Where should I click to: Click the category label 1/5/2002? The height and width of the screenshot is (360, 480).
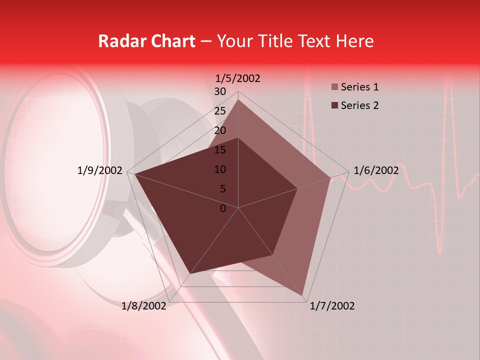(x=238, y=78)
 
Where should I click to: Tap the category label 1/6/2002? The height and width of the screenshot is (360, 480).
(x=376, y=170)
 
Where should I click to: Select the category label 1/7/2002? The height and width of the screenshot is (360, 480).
(x=332, y=306)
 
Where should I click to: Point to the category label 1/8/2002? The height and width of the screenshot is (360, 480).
(x=144, y=306)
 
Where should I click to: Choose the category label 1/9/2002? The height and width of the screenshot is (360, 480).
(x=100, y=170)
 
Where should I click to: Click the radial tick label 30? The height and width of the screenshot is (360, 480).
(x=220, y=91)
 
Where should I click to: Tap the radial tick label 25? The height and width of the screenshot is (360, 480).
(x=220, y=111)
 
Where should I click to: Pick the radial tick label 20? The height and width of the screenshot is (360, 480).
(x=220, y=130)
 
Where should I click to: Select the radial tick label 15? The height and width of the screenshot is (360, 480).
(x=220, y=150)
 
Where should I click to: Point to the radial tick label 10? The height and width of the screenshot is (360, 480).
(x=220, y=169)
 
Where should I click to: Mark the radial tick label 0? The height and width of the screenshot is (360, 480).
(x=223, y=208)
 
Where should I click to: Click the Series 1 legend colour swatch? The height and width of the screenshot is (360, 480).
(x=334, y=87)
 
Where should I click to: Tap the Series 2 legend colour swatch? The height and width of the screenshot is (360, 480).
(x=334, y=105)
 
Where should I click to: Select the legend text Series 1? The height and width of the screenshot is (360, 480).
(x=359, y=87)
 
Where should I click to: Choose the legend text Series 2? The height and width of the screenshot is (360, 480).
(x=359, y=105)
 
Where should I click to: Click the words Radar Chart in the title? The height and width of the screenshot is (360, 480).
(x=146, y=41)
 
